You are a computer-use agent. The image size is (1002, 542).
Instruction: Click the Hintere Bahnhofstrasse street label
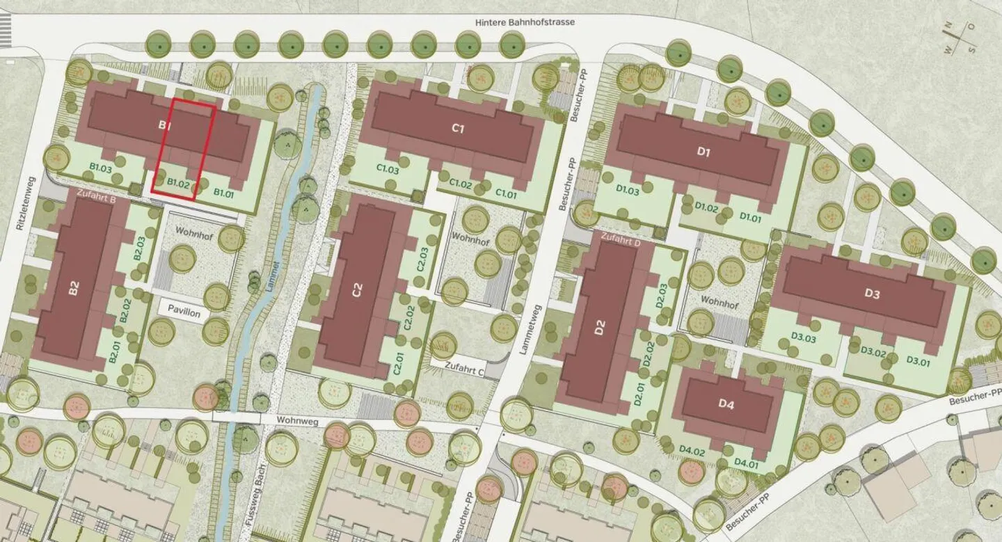[x=525, y=22]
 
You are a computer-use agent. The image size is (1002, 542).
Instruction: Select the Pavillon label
[x=184, y=314]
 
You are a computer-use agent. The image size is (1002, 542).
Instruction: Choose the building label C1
[x=458, y=128]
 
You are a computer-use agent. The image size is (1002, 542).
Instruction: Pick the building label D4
[x=726, y=404]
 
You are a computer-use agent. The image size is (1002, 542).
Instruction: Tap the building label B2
[x=74, y=289]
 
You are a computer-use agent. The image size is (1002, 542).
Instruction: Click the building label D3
[x=872, y=294]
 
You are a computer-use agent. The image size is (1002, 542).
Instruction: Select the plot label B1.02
[x=178, y=184]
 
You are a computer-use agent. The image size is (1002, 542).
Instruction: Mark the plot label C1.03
[x=388, y=168]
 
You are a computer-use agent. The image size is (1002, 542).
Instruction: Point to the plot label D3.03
[x=803, y=337]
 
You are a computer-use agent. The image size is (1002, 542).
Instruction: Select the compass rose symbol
[x=960, y=38]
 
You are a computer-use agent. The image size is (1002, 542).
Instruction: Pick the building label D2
[x=601, y=327]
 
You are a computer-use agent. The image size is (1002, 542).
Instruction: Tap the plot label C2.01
[x=398, y=363]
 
